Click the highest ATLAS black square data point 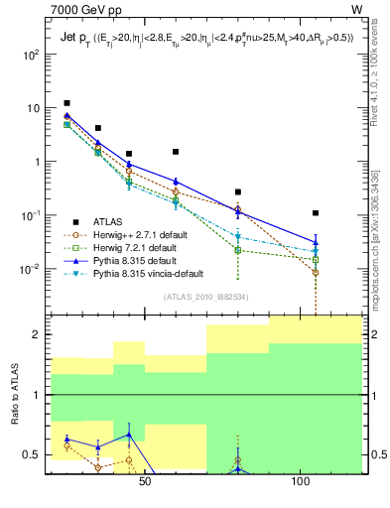point(66,103)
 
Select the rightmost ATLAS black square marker point(316,213)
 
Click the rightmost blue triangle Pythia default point point(316,242)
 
